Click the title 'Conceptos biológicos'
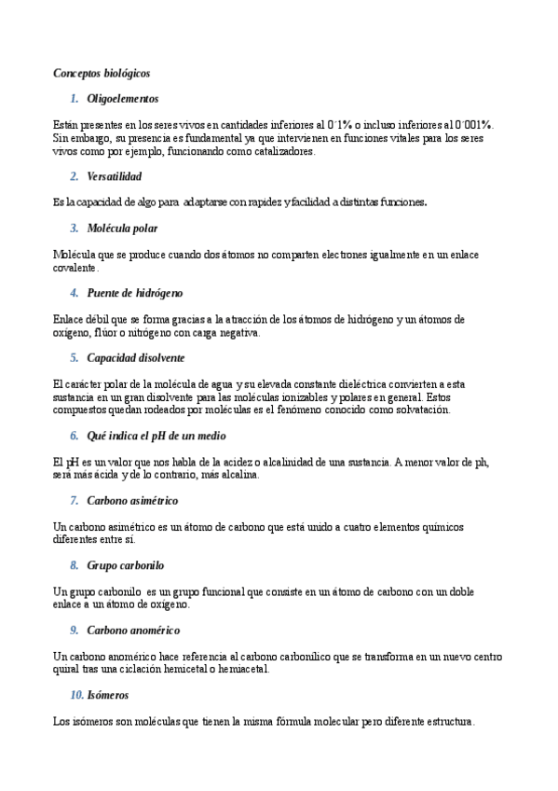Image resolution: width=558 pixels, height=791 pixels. [x=102, y=72]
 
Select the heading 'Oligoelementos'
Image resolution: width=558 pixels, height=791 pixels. [x=122, y=98]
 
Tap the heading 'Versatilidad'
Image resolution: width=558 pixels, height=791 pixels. [x=115, y=175]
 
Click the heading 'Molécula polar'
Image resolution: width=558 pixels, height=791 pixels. [x=122, y=228]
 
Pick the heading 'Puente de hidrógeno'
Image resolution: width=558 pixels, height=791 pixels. [x=134, y=293]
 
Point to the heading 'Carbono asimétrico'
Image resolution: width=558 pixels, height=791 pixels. [x=132, y=501]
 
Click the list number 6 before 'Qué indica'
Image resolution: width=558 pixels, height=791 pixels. [x=74, y=436]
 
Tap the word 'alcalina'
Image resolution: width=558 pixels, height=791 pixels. [x=237, y=475]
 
